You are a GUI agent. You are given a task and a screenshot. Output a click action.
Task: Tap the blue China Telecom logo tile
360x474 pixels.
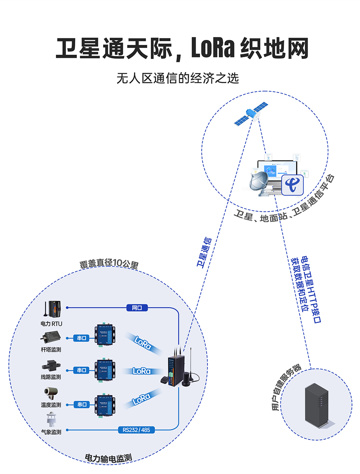click(x=293, y=185)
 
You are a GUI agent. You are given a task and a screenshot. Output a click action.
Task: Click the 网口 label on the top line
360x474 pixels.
click(x=137, y=308)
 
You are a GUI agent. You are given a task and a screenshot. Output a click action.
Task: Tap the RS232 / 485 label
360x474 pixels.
click(x=136, y=430)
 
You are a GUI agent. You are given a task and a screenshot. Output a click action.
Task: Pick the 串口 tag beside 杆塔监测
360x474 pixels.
click(x=81, y=338)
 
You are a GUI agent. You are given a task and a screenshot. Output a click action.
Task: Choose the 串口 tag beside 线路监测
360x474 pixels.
click(x=81, y=370)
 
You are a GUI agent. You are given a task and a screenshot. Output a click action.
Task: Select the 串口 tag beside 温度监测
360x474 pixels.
click(x=81, y=404)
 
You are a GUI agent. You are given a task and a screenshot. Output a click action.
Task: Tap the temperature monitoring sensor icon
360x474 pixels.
click(x=51, y=392)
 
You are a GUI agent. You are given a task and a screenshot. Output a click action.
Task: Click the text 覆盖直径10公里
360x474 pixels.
click(x=109, y=264)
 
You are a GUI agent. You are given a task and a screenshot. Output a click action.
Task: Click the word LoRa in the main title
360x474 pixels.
click(x=212, y=49)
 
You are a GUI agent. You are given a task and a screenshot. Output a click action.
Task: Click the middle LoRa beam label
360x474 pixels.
click(x=142, y=371)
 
